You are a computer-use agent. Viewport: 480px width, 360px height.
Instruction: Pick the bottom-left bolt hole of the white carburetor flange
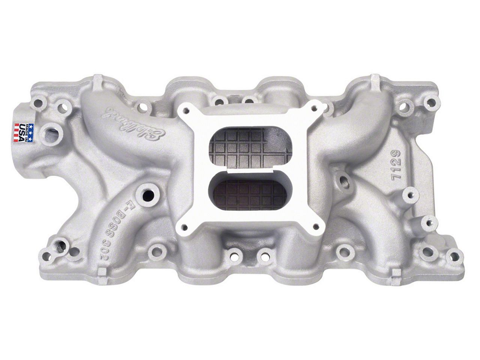pyautogui.click(x=184, y=226)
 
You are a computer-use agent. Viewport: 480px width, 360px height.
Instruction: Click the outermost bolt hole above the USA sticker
pyautogui.click(x=39, y=100)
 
